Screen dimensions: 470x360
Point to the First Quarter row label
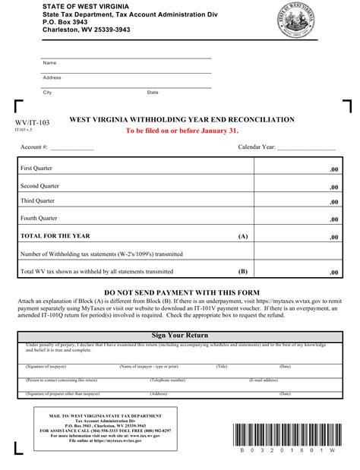pyautogui.click(x=38, y=168)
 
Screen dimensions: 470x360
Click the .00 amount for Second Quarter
pyautogui.click(x=333, y=187)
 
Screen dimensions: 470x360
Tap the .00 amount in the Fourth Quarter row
pyautogui.click(x=333, y=220)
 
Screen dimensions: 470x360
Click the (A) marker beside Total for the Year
pyautogui.click(x=243, y=236)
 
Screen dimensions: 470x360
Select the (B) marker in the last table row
pyautogui.click(x=243, y=270)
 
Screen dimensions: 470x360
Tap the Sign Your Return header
pyautogui.click(x=180, y=335)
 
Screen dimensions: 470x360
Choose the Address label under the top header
pyautogui.click(x=52, y=77)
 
